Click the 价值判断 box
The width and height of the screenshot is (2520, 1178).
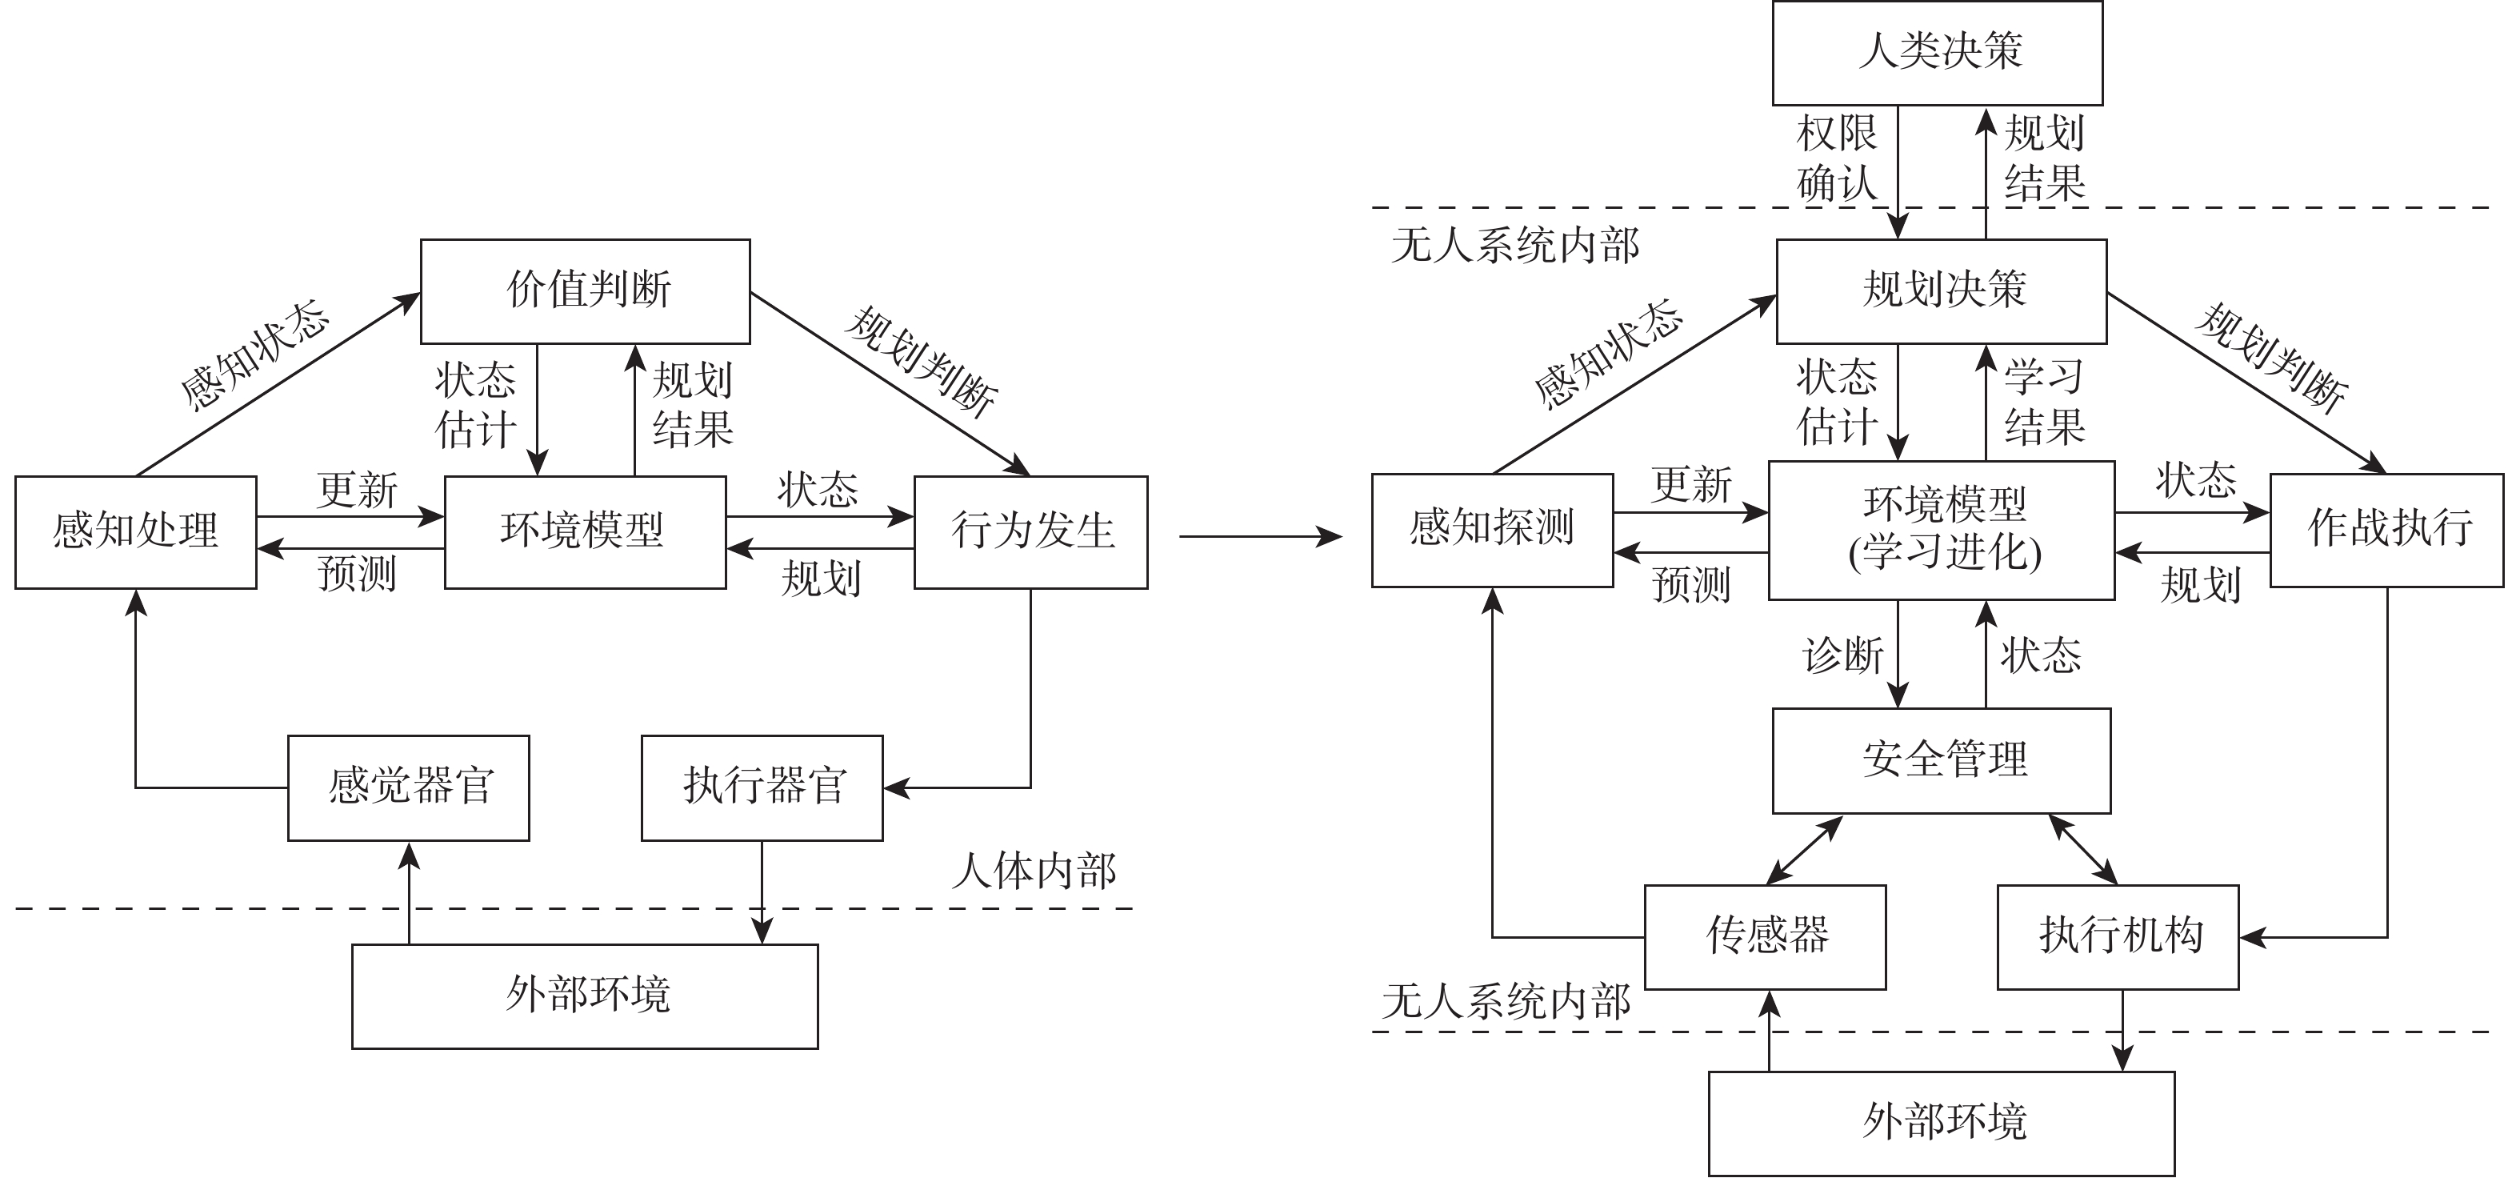(x=585, y=291)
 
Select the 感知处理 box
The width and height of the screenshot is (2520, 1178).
(x=136, y=532)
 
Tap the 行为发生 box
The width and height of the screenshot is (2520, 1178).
(x=1031, y=532)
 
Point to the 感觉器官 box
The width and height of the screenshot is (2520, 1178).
(x=409, y=787)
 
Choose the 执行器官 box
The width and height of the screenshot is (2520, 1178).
(x=762, y=787)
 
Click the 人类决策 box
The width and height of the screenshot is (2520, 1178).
(x=1937, y=53)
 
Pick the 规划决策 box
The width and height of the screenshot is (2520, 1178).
(x=1941, y=291)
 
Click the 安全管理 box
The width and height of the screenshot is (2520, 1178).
(x=1941, y=760)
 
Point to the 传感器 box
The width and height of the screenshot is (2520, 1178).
(x=1765, y=937)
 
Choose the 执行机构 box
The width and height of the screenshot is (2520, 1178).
(x=2118, y=937)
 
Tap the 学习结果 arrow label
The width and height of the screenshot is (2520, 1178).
(x=2045, y=401)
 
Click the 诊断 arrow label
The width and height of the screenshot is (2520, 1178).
(x=1843, y=655)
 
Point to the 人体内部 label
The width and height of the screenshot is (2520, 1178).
(x=1034, y=871)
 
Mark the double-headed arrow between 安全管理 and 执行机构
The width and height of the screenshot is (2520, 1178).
(x=2084, y=850)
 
